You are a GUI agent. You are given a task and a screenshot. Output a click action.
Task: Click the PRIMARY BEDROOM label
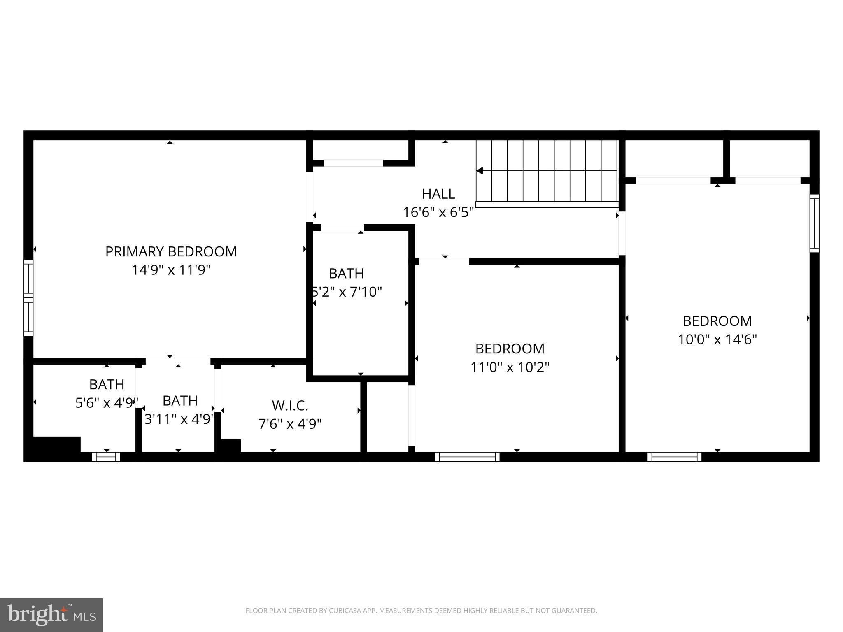(171, 251)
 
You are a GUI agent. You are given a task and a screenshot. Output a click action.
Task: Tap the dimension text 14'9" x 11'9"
(171, 270)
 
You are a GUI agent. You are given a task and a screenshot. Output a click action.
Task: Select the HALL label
(438, 194)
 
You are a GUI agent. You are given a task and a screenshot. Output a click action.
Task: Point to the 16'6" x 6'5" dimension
(438, 212)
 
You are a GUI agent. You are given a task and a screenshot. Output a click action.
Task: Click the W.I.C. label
(290, 406)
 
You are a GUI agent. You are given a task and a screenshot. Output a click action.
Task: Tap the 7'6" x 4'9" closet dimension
(290, 424)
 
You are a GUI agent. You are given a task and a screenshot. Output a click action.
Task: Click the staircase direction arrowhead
(480, 171)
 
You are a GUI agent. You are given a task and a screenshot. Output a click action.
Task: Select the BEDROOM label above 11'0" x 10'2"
(510, 349)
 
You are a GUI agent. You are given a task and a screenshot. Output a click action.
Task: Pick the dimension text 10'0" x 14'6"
(717, 339)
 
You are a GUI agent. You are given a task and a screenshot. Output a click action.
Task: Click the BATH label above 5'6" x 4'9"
(107, 384)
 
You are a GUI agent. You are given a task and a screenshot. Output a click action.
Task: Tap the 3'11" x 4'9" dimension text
(179, 419)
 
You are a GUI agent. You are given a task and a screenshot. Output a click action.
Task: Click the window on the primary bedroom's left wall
(28, 297)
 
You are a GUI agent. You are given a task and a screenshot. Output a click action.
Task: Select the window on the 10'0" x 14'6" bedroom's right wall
(814, 223)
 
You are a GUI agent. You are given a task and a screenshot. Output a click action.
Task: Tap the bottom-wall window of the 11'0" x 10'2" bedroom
(467, 457)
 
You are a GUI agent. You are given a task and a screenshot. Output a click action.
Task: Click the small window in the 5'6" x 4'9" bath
(106, 457)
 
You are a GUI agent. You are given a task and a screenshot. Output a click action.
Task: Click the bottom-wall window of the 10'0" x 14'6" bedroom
(674, 457)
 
